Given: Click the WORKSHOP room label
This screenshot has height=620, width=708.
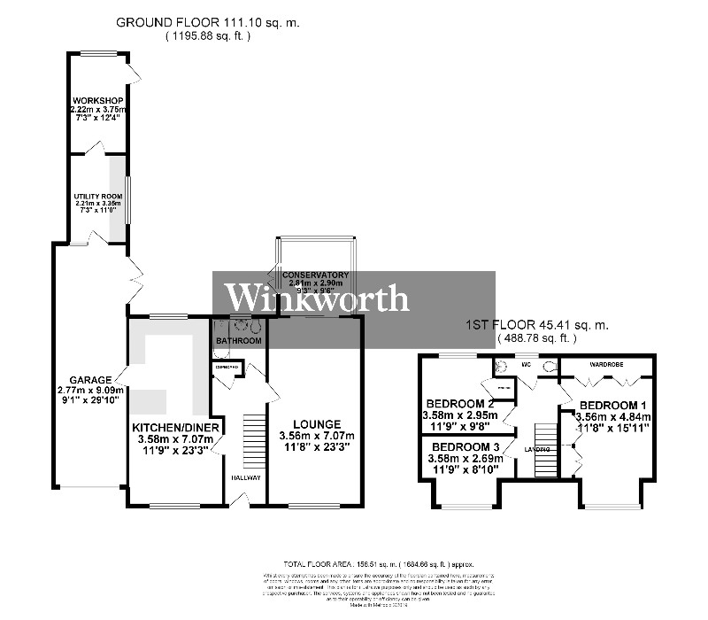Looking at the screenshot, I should point(98,99).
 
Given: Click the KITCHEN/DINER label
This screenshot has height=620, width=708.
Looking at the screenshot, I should point(175,428).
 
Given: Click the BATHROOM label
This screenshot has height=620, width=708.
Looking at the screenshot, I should point(240,340).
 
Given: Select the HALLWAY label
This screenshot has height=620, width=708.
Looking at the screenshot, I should point(247,477).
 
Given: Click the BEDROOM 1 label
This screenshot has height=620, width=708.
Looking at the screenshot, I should point(613,404).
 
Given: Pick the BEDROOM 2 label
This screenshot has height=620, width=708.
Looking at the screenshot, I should point(458,404).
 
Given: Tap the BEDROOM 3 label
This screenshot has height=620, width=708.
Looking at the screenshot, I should point(466,446).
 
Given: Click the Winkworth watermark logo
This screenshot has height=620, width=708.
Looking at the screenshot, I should point(316,298).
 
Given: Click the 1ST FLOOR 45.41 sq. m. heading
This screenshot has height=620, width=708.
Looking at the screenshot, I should point(536,326).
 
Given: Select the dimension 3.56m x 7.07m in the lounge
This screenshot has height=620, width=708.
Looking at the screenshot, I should point(315,436).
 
